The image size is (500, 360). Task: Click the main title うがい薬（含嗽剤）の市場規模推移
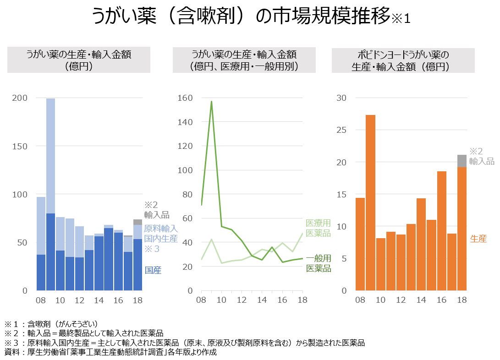[243, 17]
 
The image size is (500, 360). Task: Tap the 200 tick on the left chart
[22, 98]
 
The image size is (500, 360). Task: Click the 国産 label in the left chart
[153, 270]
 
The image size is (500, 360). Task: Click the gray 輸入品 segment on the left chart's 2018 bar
[137, 222]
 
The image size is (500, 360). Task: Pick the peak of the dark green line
[211, 101]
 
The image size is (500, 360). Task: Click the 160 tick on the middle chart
[186, 98]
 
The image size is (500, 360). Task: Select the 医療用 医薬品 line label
[318, 228]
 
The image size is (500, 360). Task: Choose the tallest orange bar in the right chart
[370, 202]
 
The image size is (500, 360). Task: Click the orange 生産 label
[478, 238]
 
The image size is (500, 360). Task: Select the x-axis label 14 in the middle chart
[262, 300]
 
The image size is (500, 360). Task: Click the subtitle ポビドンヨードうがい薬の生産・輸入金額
[403, 60]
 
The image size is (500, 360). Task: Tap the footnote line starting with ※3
[183, 343]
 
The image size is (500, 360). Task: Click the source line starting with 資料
[110, 352]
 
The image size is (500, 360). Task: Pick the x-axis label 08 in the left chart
[41, 300]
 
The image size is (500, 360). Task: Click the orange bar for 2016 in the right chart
[441, 229]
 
